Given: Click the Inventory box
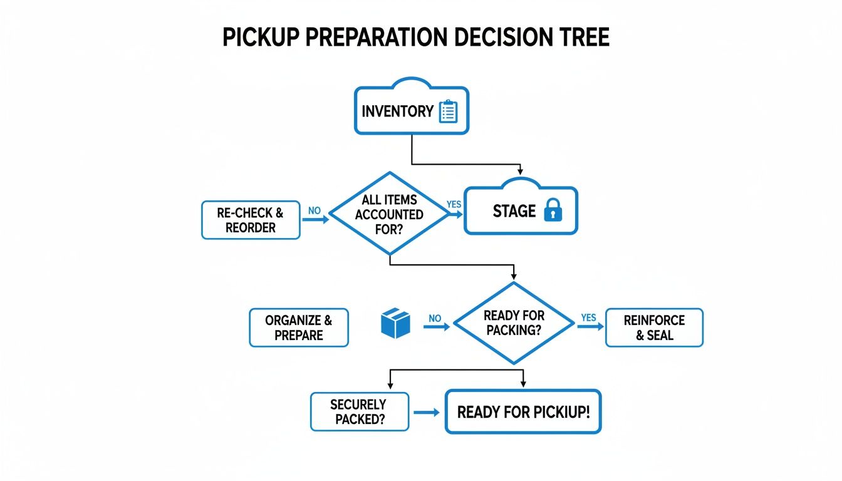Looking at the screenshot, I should pos(411,111).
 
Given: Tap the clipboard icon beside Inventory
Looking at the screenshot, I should pos(449,111).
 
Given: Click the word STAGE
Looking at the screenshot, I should pos(514,211).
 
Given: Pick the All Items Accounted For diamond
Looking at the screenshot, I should pos(389,214).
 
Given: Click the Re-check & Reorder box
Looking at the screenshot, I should pos(251,220).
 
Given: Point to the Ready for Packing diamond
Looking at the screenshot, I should pos(514,323).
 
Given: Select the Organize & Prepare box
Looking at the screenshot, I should pos(298,328).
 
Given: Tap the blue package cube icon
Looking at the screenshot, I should pos(395,323).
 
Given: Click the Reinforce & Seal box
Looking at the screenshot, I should pos(654,328).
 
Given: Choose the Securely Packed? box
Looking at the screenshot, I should pos(359,412).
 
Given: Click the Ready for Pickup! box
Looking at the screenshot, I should pos(523,412).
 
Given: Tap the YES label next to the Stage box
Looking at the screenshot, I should pos(454,205).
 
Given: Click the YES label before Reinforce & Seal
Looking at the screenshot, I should pos(588,318).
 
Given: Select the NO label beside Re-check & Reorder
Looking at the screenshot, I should pos(314,211).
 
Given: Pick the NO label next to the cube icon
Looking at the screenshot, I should pos(435,318).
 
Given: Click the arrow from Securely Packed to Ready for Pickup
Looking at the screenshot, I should pos(427,412).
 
